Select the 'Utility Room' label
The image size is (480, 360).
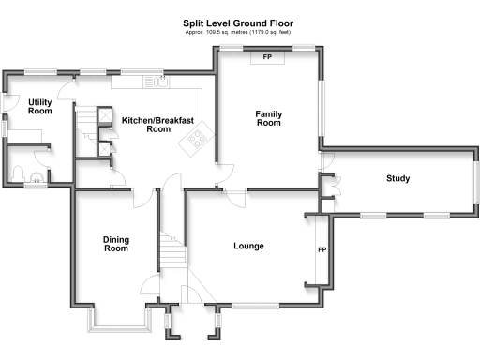click(x=39, y=106)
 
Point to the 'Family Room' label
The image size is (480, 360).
click(x=269, y=118)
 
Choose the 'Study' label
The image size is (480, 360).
click(x=397, y=179)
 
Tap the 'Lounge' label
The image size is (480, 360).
click(x=248, y=247)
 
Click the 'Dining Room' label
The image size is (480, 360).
click(x=115, y=245)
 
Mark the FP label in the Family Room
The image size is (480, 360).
click(x=267, y=58)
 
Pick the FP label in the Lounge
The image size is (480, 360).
click(x=322, y=250)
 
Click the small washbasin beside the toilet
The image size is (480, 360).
click(x=38, y=175)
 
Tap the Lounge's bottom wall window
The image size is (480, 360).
click(x=253, y=306)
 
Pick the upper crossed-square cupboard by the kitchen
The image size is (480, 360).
click(x=104, y=116)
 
